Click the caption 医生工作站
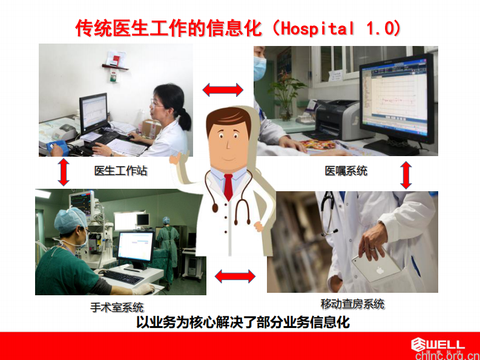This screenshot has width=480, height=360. [120, 171]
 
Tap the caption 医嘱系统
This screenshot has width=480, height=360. [346, 171]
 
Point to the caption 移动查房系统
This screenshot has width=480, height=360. [352, 304]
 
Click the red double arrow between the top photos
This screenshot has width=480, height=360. [223, 90]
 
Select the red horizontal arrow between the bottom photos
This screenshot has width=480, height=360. [235, 277]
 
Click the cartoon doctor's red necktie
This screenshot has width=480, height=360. [228, 187]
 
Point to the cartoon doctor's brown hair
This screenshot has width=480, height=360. [227, 120]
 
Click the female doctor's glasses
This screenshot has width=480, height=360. [156, 103]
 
